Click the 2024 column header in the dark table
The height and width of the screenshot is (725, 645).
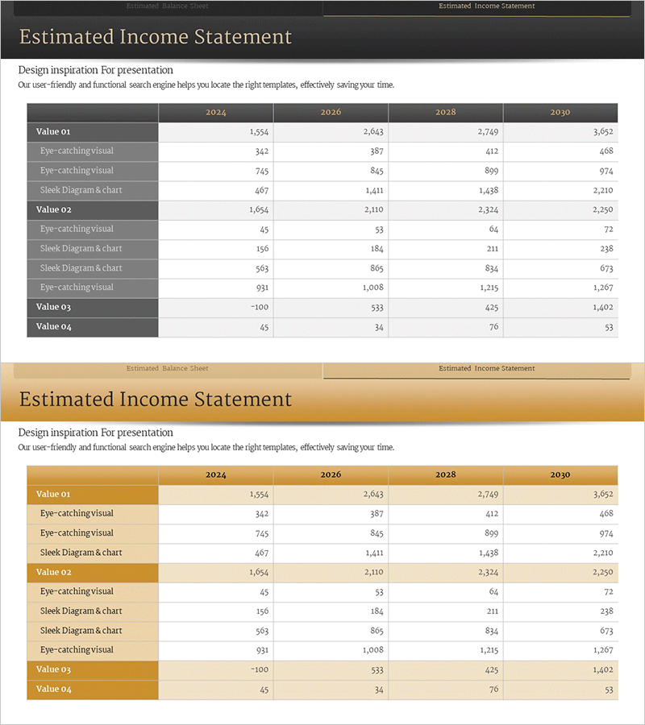coord(215,113)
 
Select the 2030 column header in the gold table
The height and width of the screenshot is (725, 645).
coord(560,475)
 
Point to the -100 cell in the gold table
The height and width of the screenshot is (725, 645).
coord(259,669)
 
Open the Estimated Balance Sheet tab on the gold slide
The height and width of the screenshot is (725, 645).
coord(167,369)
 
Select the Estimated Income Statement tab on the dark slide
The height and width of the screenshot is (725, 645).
coord(486,6)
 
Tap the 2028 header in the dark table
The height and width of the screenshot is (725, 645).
coord(446,113)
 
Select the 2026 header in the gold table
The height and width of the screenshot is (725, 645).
coord(331,475)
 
